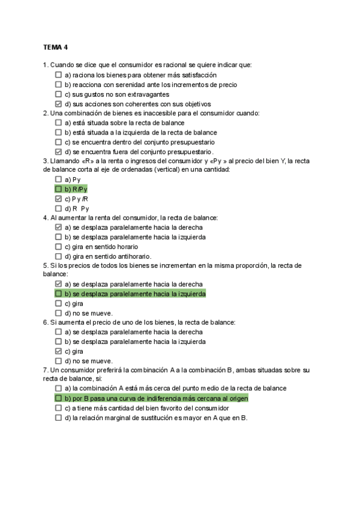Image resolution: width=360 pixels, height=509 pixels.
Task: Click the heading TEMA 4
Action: (x=56, y=47)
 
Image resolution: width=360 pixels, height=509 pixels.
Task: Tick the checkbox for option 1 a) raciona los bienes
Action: (x=58, y=75)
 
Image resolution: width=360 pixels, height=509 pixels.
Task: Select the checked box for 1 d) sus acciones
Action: (x=58, y=104)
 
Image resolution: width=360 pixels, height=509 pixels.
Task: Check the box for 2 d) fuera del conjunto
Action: (x=58, y=151)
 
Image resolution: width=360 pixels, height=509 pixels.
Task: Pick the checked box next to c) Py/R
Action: (x=58, y=199)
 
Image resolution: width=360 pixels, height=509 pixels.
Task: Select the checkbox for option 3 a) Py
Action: (x=58, y=179)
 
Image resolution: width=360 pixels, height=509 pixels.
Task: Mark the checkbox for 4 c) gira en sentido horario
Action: (x=58, y=247)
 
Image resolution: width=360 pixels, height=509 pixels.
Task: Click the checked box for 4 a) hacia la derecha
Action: (x=58, y=227)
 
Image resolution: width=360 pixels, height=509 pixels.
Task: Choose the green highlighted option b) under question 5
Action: (x=134, y=294)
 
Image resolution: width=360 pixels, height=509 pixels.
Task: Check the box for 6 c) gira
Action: (x=58, y=351)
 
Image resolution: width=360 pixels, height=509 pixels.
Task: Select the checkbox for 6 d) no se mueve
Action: (x=58, y=361)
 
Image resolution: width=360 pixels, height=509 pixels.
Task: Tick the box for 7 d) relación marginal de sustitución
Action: (x=58, y=418)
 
